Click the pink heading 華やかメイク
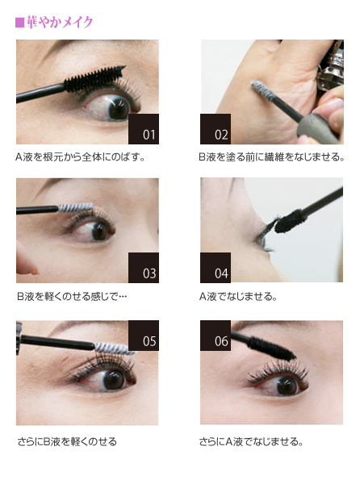point(59,23)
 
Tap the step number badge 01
point(144,129)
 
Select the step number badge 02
point(216,129)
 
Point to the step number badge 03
point(144,268)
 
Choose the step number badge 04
point(216,268)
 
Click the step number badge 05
point(144,336)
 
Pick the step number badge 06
point(216,336)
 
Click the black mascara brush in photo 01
point(94,79)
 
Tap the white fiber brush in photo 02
point(262,91)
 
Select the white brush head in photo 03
point(76,207)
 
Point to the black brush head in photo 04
point(290,221)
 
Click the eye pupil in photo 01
point(119,107)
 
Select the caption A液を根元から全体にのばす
point(80,157)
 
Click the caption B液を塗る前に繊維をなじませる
point(272,157)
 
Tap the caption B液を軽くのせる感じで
point(72,297)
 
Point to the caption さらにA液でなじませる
point(251,442)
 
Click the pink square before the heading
point(19,23)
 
